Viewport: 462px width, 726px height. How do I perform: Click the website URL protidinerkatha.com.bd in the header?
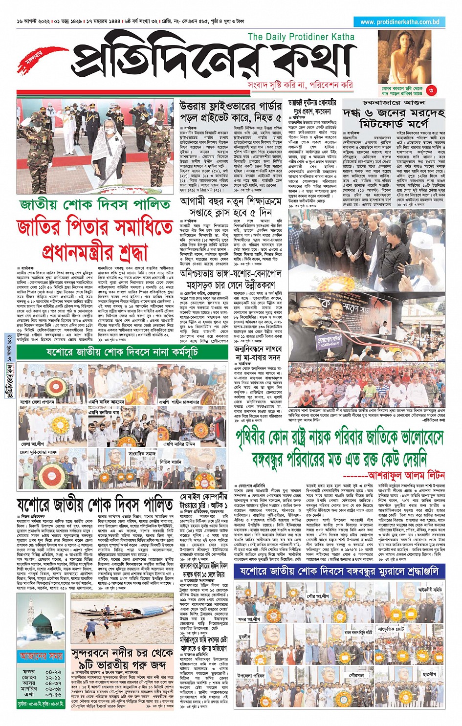pyautogui.click(x=399, y=22)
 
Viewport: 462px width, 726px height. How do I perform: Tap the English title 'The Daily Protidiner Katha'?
pyautogui.click(x=301, y=37)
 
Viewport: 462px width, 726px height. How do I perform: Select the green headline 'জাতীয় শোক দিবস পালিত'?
pyautogui.click(x=95, y=204)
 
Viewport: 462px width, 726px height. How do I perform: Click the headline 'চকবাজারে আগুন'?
pyautogui.click(x=394, y=103)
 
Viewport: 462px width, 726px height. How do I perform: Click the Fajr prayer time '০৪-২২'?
pyautogui.click(x=53, y=672)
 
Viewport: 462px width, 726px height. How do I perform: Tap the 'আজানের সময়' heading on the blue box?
pyautogui.click(x=42, y=656)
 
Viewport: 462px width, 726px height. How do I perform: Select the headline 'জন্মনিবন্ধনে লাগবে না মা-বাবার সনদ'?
pyautogui.click(x=258, y=353)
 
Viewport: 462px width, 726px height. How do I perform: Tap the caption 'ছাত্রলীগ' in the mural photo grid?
pyautogui.click(x=429, y=674)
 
